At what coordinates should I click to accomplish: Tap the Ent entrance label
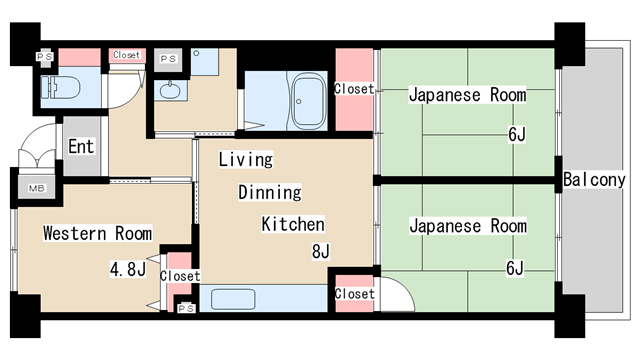pyautogui.click(x=81, y=146)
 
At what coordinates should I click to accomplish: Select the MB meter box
pyautogui.click(x=36, y=188)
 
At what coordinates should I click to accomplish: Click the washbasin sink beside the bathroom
pyautogui.click(x=170, y=93)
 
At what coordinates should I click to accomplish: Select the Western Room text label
pyautogui.click(x=97, y=234)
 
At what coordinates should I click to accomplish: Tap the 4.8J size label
pyautogui.click(x=127, y=268)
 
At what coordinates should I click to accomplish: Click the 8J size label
pyautogui.click(x=321, y=251)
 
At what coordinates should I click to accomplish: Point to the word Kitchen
pyautogui.click(x=293, y=224)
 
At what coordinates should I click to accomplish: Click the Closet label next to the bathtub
pyautogui.click(x=354, y=89)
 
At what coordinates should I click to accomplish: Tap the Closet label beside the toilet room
pyautogui.click(x=127, y=55)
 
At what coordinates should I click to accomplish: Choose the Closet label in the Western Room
pyautogui.click(x=180, y=276)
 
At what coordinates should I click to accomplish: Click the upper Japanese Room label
pyautogui.click(x=467, y=96)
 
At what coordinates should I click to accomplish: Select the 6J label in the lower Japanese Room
pyautogui.click(x=515, y=267)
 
